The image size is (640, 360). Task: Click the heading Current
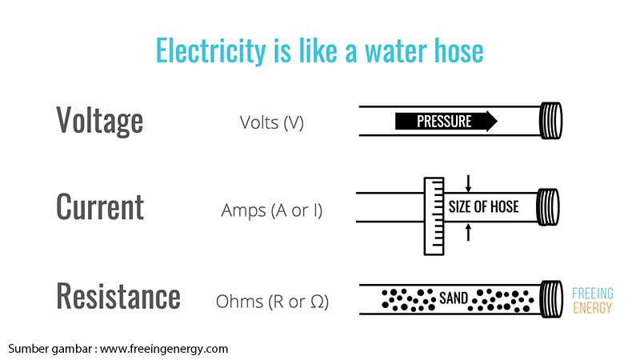click(100, 207)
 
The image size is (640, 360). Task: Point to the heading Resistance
click(118, 296)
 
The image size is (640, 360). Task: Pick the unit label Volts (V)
click(272, 123)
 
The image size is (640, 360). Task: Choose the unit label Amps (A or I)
click(272, 211)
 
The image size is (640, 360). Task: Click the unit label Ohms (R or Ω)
click(272, 302)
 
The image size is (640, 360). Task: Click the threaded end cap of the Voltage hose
click(551, 121)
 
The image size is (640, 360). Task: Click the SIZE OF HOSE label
click(483, 207)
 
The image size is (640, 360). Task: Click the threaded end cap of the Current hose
click(551, 206)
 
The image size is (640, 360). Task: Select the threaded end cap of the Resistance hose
click(551, 298)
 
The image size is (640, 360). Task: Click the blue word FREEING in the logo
click(593, 291)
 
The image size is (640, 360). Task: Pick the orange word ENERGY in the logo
click(593, 307)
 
